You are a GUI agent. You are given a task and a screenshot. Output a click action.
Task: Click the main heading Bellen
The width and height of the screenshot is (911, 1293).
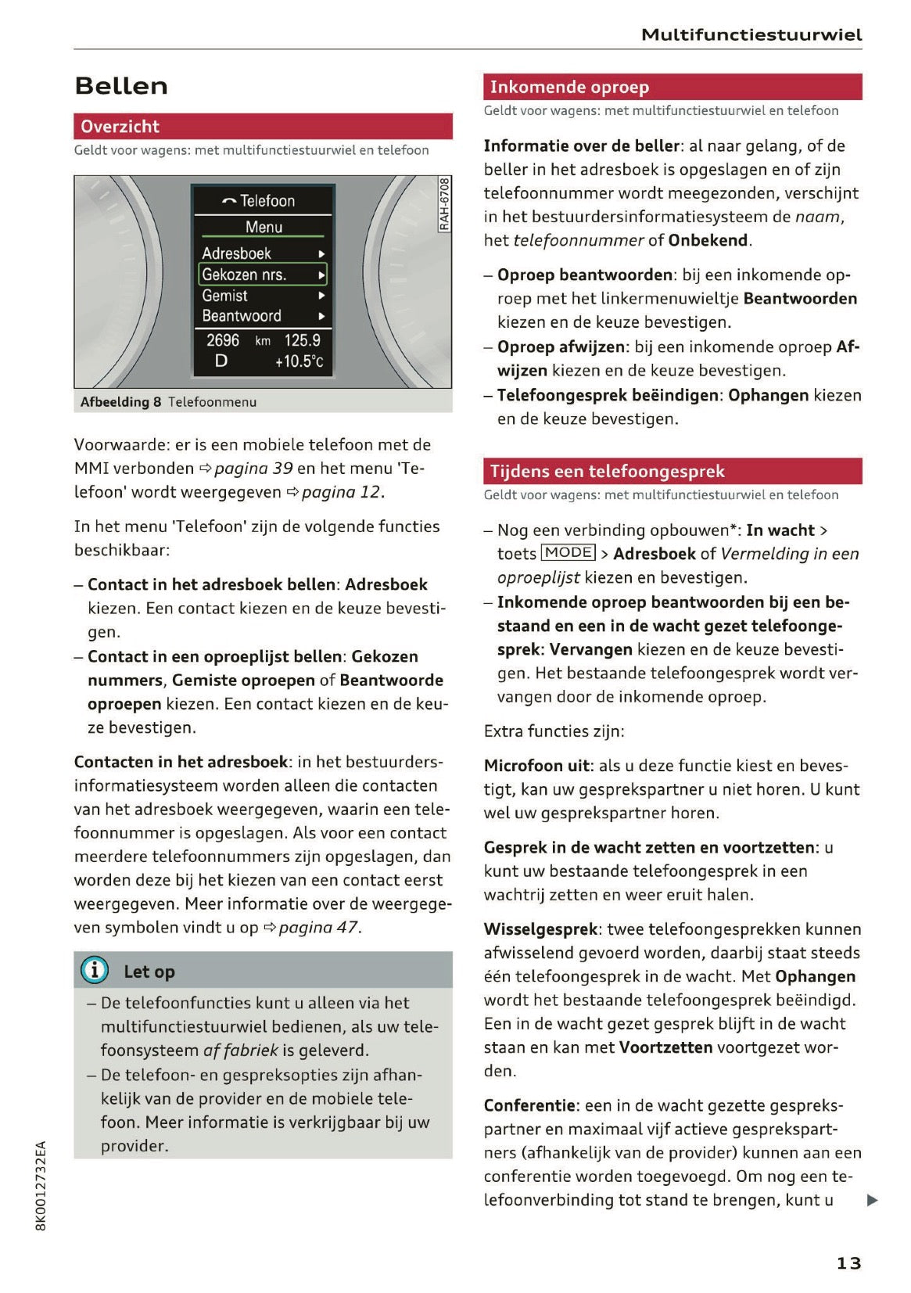click(121, 86)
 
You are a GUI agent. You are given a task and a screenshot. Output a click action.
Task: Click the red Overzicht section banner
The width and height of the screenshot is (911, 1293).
click(263, 126)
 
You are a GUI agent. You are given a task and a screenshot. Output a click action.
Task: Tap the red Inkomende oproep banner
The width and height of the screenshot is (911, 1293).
click(672, 87)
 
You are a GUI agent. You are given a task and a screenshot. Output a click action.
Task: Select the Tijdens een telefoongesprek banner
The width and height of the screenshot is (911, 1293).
click(672, 471)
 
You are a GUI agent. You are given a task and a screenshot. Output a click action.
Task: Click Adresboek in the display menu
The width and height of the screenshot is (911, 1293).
click(236, 253)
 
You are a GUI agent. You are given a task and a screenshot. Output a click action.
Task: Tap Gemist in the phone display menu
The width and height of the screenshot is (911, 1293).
click(224, 296)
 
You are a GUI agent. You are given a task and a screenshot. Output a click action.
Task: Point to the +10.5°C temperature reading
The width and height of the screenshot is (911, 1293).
click(299, 361)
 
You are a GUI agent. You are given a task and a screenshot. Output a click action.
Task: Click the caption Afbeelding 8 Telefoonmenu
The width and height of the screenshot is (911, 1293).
click(168, 402)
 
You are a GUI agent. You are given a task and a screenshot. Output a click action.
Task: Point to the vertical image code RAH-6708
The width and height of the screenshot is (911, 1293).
click(444, 204)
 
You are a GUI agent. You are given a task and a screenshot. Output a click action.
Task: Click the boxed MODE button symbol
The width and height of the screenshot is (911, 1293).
click(568, 552)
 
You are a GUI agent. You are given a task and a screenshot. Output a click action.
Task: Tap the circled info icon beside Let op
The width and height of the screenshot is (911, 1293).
click(95, 970)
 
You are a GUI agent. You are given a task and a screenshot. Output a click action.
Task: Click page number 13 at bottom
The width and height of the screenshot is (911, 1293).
click(848, 1262)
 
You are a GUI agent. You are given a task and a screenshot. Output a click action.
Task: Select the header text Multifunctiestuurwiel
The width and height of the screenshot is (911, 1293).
click(751, 34)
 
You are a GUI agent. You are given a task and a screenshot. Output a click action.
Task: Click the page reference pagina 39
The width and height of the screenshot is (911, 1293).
click(253, 468)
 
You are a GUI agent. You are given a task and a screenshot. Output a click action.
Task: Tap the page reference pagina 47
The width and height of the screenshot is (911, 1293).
click(318, 927)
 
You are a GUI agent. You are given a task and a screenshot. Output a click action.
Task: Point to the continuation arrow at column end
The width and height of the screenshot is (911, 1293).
click(873, 1200)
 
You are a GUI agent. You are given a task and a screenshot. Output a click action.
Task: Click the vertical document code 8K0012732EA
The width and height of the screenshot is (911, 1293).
click(41, 1185)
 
